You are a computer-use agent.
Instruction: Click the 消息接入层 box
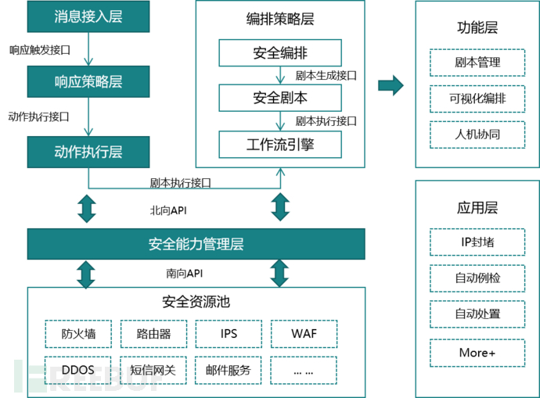tap(88, 16)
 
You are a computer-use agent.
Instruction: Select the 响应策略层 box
tap(88, 81)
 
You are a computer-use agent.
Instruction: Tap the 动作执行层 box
tap(88, 151)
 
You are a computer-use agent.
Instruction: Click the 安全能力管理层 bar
tap(196, 244)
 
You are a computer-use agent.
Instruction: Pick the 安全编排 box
tap(280, 53)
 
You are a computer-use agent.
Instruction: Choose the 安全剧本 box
tap(280, 99)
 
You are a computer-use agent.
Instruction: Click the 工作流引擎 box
tap(280, 145)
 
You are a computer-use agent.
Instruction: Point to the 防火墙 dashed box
tap(78, 334)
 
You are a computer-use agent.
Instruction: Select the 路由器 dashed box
tap(153, 334)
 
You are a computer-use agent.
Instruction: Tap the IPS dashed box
tap(228, 334)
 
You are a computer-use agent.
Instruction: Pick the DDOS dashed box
tap(78, 370)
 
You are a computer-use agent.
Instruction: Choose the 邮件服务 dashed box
tap(228, 370)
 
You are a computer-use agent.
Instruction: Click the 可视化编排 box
tap(477, 99)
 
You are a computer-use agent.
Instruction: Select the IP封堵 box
tap(477, 241)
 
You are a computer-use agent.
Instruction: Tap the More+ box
tap(477, 352)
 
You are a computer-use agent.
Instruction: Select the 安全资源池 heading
tap(196, 301)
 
